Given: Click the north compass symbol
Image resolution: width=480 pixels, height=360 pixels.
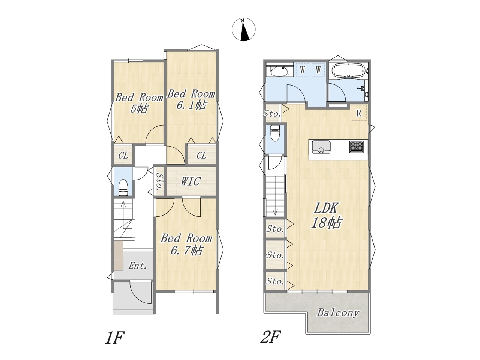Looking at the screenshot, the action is (x=244, y=29).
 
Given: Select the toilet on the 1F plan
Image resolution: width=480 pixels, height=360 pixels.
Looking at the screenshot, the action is (x=123, y=187).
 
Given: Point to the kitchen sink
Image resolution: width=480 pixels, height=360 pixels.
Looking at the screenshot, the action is (x=321, y=147).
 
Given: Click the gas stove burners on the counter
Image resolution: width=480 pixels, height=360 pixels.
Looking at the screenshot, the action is (x=356, y=147).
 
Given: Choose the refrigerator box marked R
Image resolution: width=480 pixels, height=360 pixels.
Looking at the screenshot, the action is (x=358, y=113).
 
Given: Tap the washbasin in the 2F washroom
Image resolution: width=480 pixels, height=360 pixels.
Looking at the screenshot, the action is (x=279, y=70).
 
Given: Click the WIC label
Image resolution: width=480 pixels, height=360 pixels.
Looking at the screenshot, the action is (x=190, y=181).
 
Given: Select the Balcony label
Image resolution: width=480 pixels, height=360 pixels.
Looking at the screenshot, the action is (x=338, y=313).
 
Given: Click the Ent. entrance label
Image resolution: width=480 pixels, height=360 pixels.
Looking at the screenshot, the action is (x=137, y=266).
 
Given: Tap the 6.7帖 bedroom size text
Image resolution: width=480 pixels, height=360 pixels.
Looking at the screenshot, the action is (x=186, y=250).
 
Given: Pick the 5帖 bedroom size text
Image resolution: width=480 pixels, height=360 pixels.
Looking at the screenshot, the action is (x=139, y=108).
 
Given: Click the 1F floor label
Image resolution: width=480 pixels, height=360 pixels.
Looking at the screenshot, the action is (x=115, y=337).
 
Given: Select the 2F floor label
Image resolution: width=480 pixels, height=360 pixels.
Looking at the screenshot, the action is (x=270, y=337).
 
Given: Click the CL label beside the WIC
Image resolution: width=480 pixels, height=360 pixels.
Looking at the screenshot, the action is (x=201, y=156).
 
